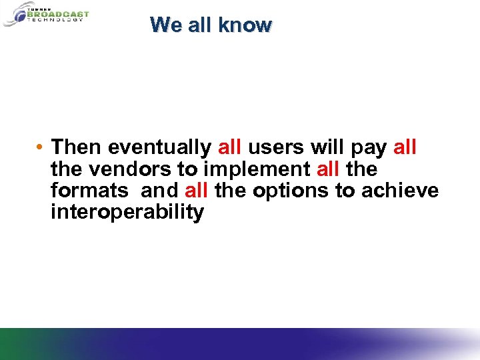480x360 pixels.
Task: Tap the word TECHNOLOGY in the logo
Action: coord(55,20)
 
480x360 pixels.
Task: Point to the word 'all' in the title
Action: coord(198,25)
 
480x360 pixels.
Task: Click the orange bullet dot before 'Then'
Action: coord(41,147)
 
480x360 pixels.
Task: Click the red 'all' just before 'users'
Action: coord(230,146)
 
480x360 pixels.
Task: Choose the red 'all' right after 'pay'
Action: coord(406,146)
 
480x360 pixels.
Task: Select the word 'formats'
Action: coord(89,191)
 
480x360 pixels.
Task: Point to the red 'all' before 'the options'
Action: coord(197,191)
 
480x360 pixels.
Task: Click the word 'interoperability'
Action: coord(127,213)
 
